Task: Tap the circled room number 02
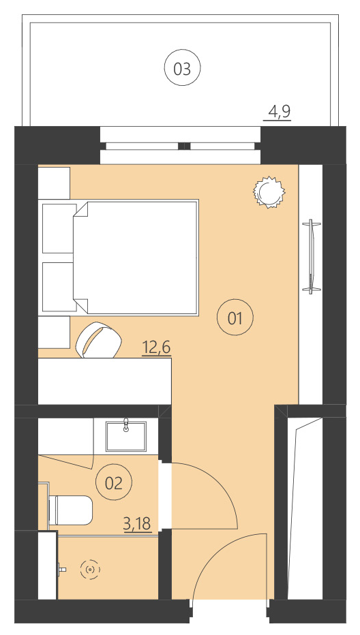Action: [113, 483]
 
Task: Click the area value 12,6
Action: [155, 348]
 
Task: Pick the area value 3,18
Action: [136, 524]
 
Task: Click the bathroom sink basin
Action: [126, 436]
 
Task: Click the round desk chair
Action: [98, 339]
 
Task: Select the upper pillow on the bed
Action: [58, 228]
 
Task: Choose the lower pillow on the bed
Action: [58, 287]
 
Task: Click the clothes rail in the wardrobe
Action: [311, 256]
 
